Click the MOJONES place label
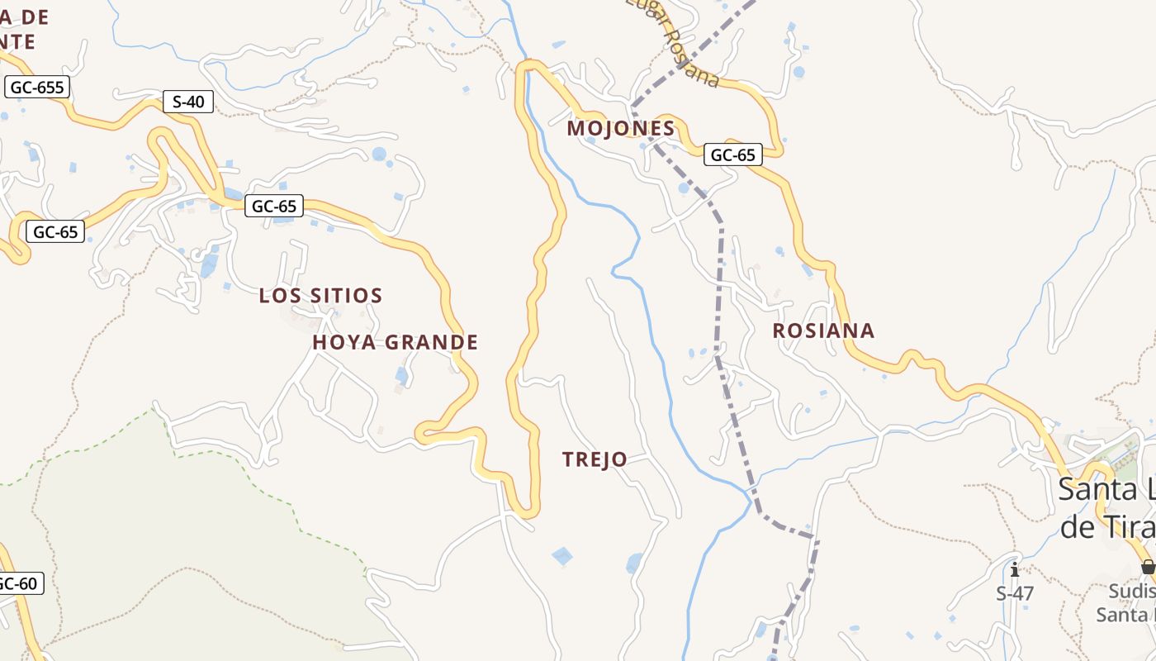[x=621, y=129]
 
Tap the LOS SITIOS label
[x=320, y=296]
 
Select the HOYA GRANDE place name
[x=396, y=342]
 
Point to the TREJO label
[x=595, y=459]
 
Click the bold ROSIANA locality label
[x=823, y=330]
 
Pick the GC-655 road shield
[x=36, y=87]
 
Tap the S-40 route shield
[x=187, y=102]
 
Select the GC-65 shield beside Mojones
[x=732, y=155]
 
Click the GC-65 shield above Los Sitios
[x=274, y=206]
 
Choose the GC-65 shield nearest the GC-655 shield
[x=56, y=232]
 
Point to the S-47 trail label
[x=1015, y=593]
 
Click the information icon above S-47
[x=1015, y=569]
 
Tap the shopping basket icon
[x=1148, y=567]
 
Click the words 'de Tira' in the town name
[x=1106, y=525]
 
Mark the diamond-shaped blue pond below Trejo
[x=563, y=556]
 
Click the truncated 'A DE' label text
[x=26, y=17]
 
